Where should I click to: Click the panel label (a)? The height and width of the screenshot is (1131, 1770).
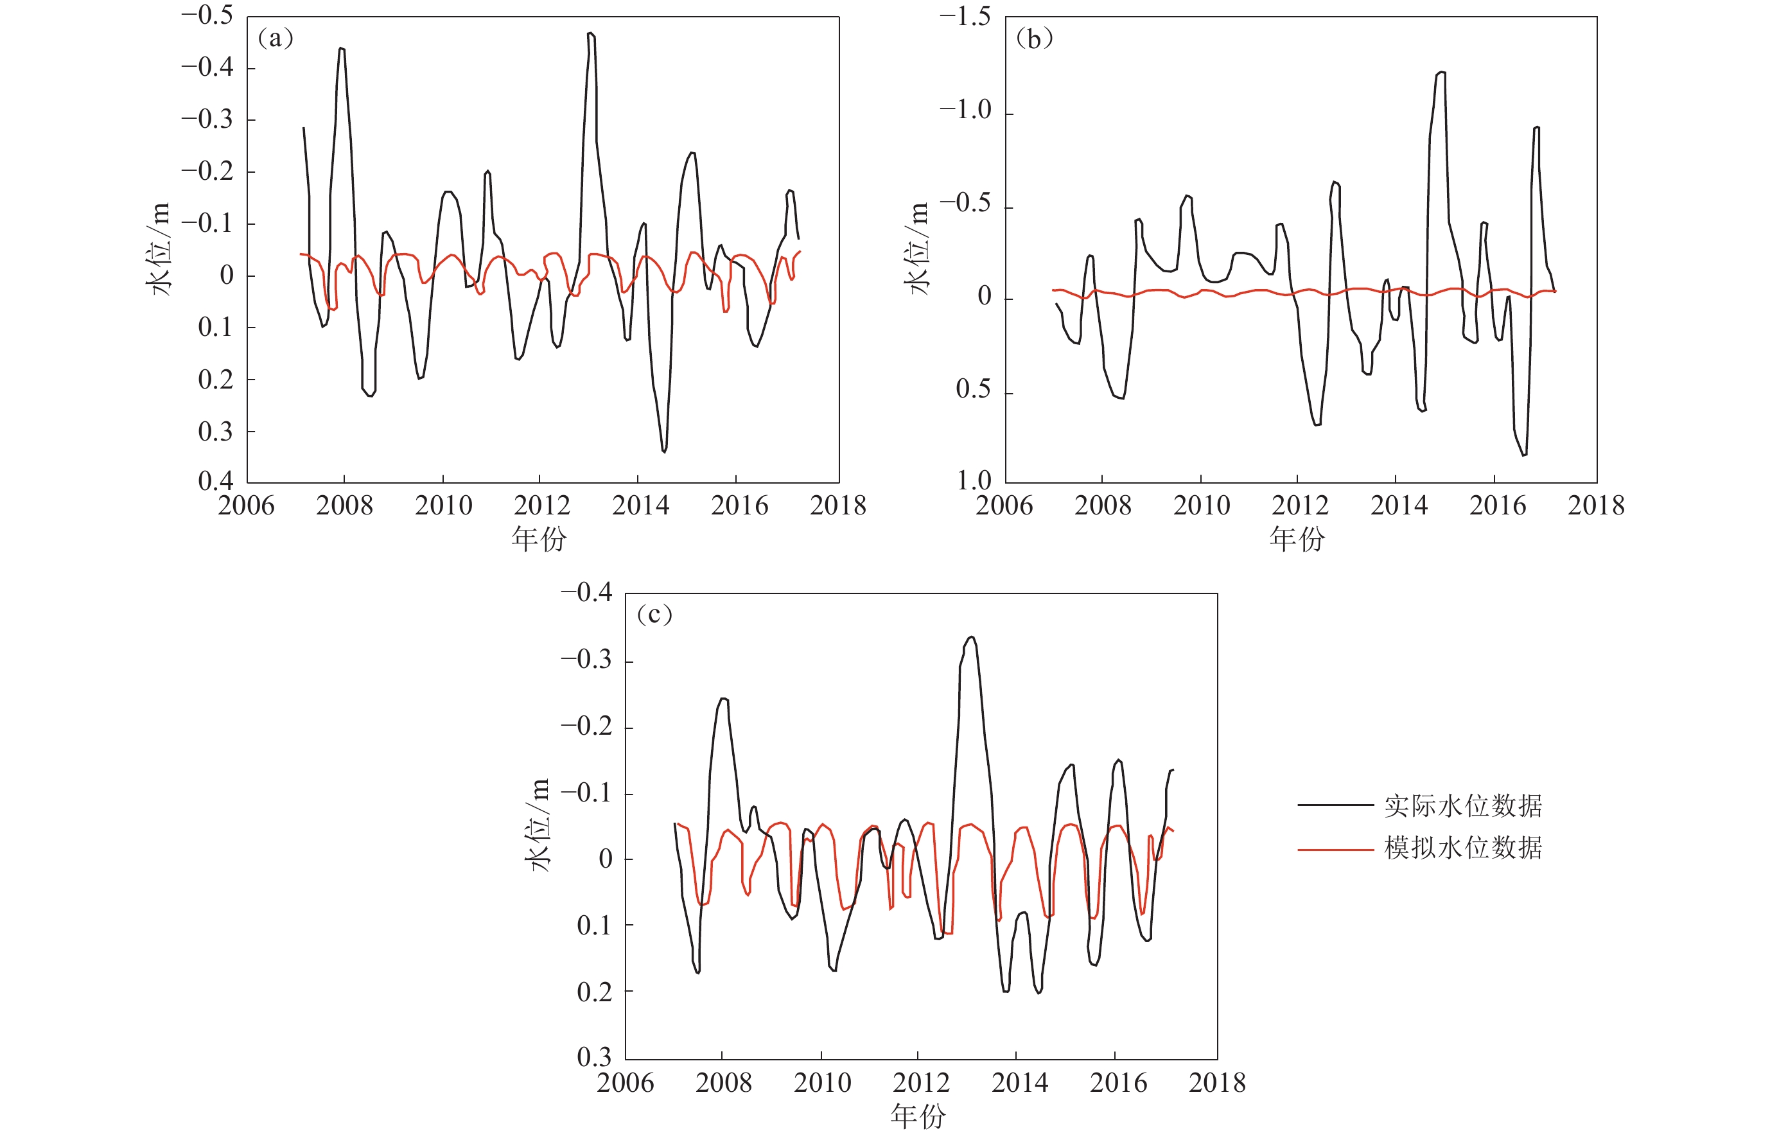276,39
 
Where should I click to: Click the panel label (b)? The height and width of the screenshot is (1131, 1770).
1034,39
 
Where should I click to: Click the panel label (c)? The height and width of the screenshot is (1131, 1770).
654,615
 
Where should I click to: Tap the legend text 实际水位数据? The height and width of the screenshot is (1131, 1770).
1463,806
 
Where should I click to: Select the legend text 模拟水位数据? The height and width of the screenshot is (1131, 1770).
1463,848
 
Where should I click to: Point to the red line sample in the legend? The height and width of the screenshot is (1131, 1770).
1336,850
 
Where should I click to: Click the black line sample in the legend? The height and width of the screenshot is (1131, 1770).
1336,805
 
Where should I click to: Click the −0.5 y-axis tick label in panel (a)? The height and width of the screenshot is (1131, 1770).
207,16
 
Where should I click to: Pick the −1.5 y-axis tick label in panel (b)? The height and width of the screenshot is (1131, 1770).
965,16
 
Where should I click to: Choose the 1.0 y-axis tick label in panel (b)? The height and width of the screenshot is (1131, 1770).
974,480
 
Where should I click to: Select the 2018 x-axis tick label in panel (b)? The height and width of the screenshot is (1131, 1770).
1596,505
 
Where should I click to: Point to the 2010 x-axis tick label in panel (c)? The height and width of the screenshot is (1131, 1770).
823,1082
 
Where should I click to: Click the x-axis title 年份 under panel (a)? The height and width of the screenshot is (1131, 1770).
539,539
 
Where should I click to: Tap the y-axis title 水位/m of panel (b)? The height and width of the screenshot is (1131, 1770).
918,249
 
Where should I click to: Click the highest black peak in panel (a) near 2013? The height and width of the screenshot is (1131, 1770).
590,33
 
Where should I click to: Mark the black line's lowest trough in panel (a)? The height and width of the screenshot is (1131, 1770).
665,452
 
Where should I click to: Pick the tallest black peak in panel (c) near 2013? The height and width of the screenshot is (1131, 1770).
972,637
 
